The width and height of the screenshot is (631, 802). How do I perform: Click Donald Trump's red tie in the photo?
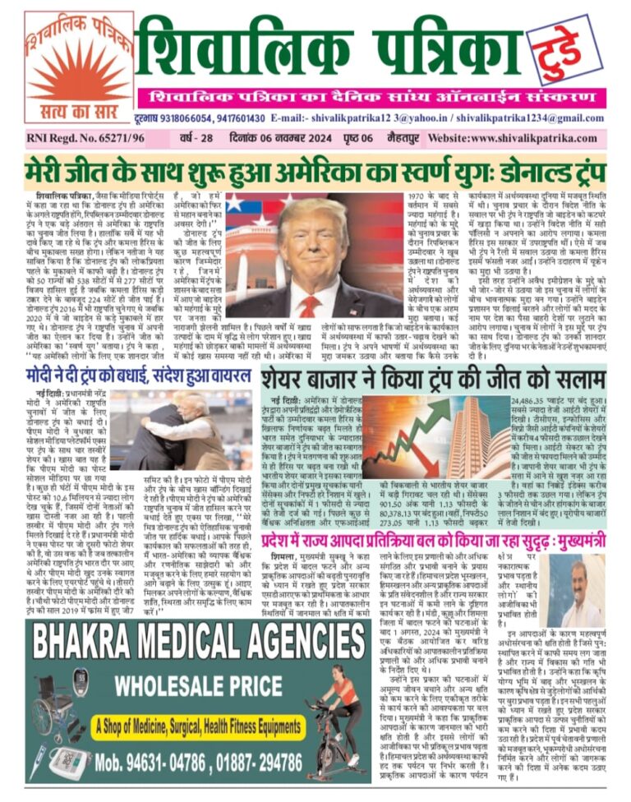[x=309, y=305]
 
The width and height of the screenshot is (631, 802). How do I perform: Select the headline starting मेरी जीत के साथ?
[x=315, y=171]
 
